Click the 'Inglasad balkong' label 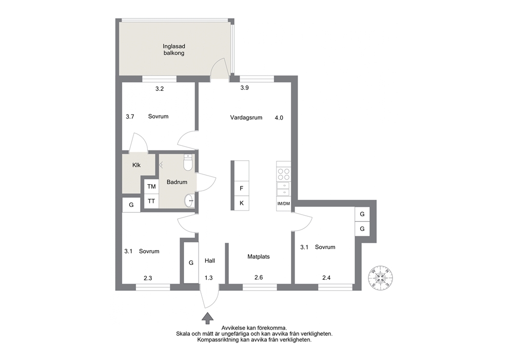tap(173, 50)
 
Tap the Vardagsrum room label tap(246, 118)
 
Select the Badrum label tap(177, 182)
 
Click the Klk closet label tap(136, 165)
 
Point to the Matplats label tap(259, 257)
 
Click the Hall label tap(210, 260)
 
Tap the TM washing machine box tap(151, 186)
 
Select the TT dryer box tap(151, 201)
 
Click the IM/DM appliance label tap(283, 204)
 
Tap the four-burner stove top tap(283, 174)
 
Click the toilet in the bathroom tap(188, 162)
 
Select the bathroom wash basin tap(189, 201)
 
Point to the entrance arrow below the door tap(207, 318)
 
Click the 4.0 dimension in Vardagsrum tap(279, 118)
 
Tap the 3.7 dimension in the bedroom tap(130, 117)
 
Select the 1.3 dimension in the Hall tap(208, 278)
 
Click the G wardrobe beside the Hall tap(191, 262)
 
